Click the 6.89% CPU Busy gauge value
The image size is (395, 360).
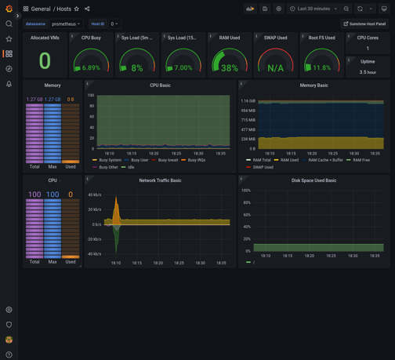click(x=91, y=68)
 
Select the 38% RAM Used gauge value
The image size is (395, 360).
click(x=230, y=68)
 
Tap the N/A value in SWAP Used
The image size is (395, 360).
click(x=275, y=68)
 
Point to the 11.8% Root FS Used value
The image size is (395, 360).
click(x=321, y=68)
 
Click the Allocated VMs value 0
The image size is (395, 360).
click(x=45, y=61)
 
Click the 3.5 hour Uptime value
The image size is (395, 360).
click(x=368, y=72)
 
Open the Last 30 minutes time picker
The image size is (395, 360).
click(x=313, y=9)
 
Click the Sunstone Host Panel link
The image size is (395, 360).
click(x=365, y=24)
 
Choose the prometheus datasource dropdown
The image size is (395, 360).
click(x=66, y=24)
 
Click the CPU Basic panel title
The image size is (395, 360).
click(x=160, y=85)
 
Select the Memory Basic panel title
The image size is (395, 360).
click(x=313, y=85)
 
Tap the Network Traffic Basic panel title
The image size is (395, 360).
click(x=160, y=180)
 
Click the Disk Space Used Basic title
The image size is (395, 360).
click(x=313, y=180)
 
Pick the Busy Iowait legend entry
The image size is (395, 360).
click(x=168, y=160)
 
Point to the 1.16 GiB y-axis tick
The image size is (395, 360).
click(x=248, y=101)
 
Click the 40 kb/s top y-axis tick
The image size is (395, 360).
click(x=94, y=195)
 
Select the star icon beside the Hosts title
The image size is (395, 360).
click(x=77, y=9)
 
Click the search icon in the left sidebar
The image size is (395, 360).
click(x=9, y=24)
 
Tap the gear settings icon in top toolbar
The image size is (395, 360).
click(x=278, y=9)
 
